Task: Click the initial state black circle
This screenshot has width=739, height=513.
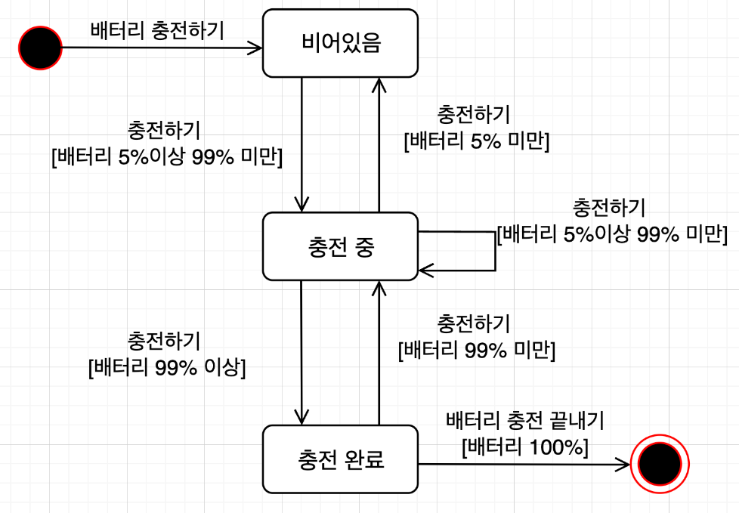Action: tap(39, 48)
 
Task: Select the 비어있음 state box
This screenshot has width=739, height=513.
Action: tap(340, 43)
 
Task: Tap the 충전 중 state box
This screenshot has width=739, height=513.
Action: tap(340, 246)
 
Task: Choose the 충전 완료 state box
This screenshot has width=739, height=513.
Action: tap(340, 459)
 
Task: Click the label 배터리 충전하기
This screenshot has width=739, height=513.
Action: tap(157, 31)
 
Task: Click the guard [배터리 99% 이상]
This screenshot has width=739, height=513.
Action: tap(167, 368)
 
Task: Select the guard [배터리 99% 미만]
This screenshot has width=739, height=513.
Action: tap(476, 351)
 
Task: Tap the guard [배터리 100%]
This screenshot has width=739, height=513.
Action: tap(524, 446)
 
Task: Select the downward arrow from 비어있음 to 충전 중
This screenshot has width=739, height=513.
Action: tap(301, 144)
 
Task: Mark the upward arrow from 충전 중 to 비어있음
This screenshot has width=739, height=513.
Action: tap(379, 144)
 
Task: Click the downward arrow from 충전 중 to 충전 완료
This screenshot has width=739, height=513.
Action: tap(301, 351)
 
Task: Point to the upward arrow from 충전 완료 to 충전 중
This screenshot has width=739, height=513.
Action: tap(379, 351)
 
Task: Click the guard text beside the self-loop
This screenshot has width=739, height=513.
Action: tap(611, 234)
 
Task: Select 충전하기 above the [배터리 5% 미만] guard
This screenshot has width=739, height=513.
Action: tap(474, 115)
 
